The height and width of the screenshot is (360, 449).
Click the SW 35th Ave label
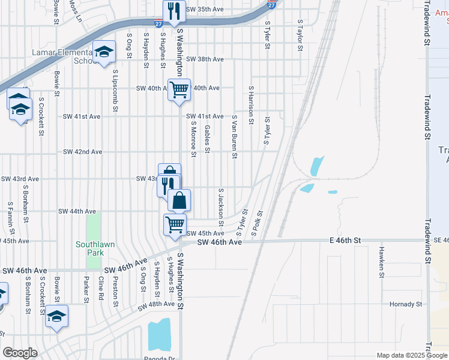[205, 9]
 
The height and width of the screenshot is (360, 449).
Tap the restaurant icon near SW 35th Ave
[174, 11]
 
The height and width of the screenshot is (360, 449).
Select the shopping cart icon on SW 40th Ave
[179, 91]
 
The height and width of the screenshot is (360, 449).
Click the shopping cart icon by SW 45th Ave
[175, 225]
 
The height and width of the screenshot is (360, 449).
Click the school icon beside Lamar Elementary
[103, 53]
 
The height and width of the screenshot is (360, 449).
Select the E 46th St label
[345, 240]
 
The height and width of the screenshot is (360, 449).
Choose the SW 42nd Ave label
[82, 152]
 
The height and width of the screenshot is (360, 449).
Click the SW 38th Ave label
[205, 59]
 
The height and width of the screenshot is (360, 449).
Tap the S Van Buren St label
[235, 138]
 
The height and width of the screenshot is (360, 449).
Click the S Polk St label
[258, 223]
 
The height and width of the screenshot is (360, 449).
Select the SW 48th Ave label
[156, 306]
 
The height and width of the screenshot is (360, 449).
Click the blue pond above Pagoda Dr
[159, 335]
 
